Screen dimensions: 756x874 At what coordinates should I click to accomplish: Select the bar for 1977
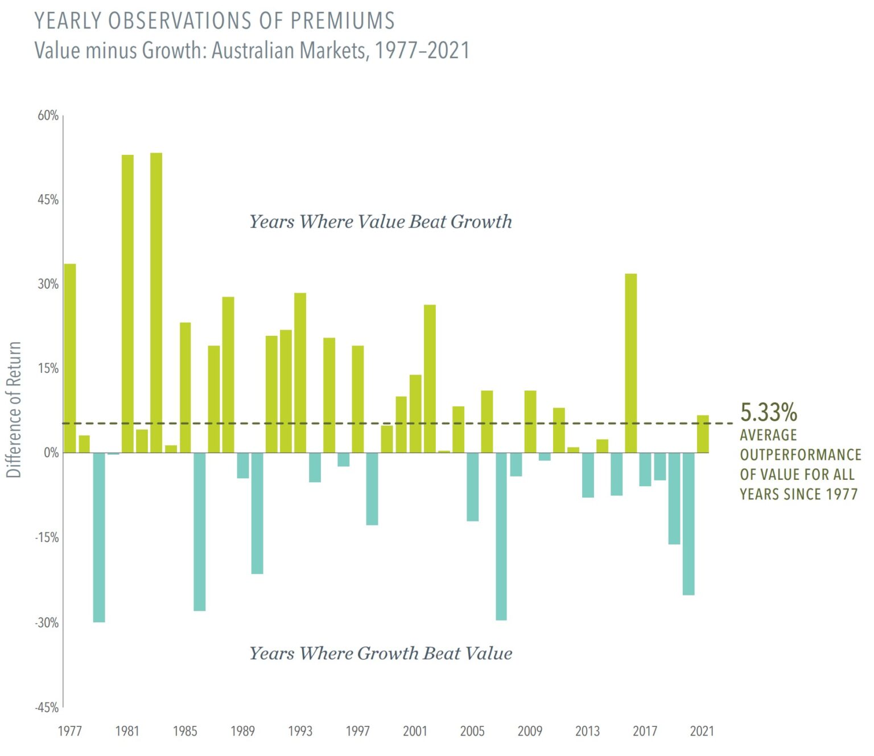[x=70, y=358]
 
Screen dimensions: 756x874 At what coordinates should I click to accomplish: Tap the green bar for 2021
[x=703, y=434]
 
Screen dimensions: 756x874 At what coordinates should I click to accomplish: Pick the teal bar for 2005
[x=472, y=487]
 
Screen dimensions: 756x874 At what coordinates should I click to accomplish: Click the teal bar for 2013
[x=588, y=475]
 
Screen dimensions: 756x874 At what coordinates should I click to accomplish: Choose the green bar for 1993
[x=300, y=373]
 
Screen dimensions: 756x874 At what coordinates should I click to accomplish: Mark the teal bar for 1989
[x=243, y=465]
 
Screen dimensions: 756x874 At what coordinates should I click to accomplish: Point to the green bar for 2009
[x=530, y=421]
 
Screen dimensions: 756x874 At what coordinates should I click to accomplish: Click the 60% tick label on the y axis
[x=48, y=116]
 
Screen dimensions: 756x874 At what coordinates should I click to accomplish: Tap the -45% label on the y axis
[x=47, y=707]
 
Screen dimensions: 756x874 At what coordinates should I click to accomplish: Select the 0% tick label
[x=51, y=453]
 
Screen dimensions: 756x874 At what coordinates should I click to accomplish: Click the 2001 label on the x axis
[x=415, y=731]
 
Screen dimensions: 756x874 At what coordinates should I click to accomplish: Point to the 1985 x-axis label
[x=185, y=731]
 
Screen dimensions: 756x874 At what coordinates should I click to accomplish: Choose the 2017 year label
[x=645, y=731]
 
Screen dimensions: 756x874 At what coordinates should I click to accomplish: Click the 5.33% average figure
[x=768, y=412]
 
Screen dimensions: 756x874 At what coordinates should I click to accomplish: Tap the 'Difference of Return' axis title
[x=14, y=409]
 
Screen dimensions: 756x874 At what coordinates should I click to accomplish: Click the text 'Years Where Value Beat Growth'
[x=381, y=221]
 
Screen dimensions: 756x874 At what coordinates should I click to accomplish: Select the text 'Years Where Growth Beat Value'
[x=381, y=653]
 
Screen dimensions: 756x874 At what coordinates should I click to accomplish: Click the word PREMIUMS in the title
[x=343, y=21]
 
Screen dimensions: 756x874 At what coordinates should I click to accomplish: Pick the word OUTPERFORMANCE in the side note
[x=800, y=455]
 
